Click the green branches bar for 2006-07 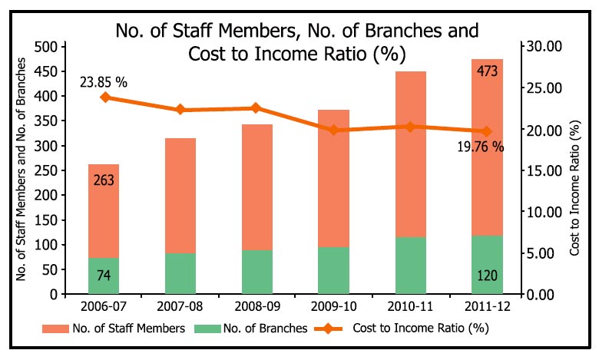pyautogui.click(x=104, y=276)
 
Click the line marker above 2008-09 pyautogui.click(x=256, y=108)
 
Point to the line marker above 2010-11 pyautogui.click(x=410, y=126)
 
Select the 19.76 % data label pyautogui.click(x=479, y=146)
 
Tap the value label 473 pyautogui.click(x=487, y=71)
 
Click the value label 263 pyautogui.click(x=104, y=181)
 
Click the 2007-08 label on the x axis pyautogui.click(x=180, y=307)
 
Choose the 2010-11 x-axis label pyautogui.click(x=410, y=307)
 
